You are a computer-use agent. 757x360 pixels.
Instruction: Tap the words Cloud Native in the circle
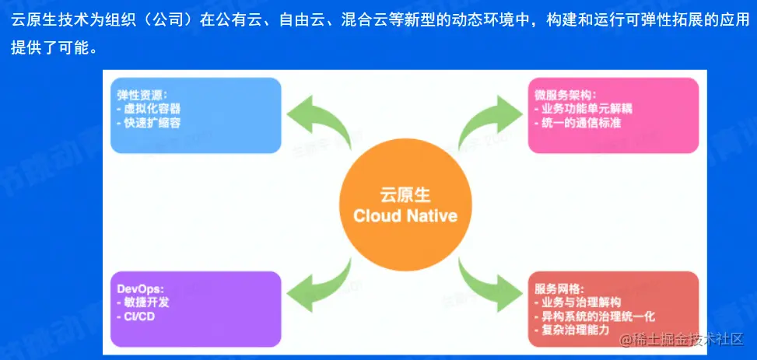coord(405,215)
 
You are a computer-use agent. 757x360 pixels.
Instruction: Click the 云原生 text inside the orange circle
coord(405,194)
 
